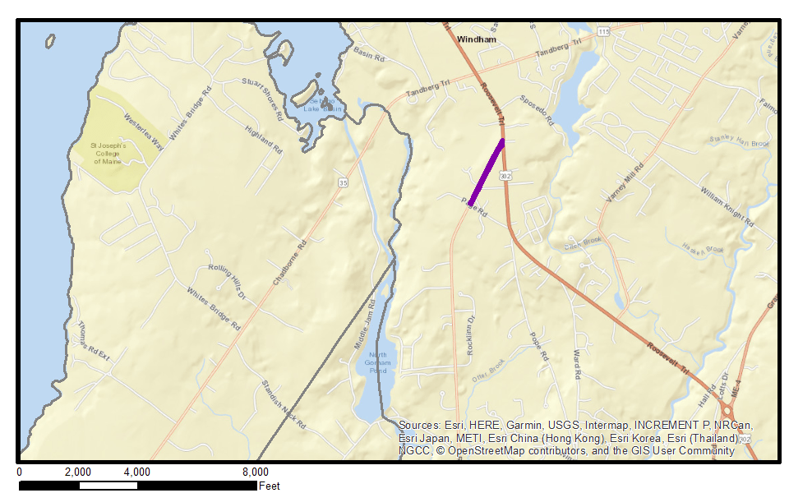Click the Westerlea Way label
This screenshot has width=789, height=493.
click(144, 131)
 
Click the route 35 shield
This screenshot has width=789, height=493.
click(342, 182)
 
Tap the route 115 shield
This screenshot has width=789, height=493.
click(604, 31)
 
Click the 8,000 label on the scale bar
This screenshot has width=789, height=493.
click(255, 472)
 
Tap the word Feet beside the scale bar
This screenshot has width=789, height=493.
click(270, 486)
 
